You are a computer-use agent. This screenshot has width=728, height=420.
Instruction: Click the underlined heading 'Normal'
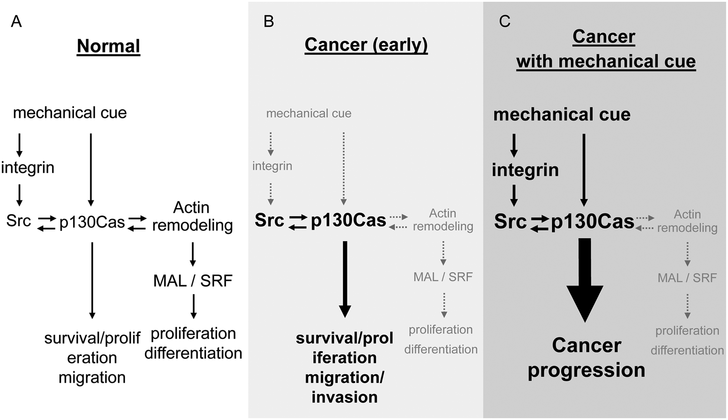108,46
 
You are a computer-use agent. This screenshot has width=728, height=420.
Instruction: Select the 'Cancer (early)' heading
366,45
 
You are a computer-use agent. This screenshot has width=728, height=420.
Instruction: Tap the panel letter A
16,21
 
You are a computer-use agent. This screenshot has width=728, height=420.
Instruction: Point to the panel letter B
269,21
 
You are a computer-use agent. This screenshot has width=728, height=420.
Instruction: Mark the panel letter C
505,21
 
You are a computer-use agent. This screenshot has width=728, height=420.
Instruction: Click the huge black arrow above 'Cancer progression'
585,280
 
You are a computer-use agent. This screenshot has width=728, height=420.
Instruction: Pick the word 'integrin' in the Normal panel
28,168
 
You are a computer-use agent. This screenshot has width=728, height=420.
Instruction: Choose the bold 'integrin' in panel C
525,170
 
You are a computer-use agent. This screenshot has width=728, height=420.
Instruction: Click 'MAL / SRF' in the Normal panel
193,281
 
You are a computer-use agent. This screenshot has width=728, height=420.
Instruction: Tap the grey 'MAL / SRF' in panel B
443,276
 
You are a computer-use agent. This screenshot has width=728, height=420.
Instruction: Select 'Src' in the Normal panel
18,221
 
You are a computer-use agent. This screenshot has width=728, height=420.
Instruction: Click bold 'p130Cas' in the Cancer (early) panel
348,220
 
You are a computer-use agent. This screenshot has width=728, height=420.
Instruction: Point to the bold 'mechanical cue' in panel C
562,114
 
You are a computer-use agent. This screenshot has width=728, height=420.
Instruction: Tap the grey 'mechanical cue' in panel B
309,113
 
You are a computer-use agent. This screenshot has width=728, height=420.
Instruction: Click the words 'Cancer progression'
586,358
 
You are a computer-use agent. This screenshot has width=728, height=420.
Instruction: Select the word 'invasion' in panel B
344,397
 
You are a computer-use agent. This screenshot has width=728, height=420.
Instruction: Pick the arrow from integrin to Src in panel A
19,195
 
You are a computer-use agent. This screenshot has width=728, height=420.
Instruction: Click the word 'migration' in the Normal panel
92,378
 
